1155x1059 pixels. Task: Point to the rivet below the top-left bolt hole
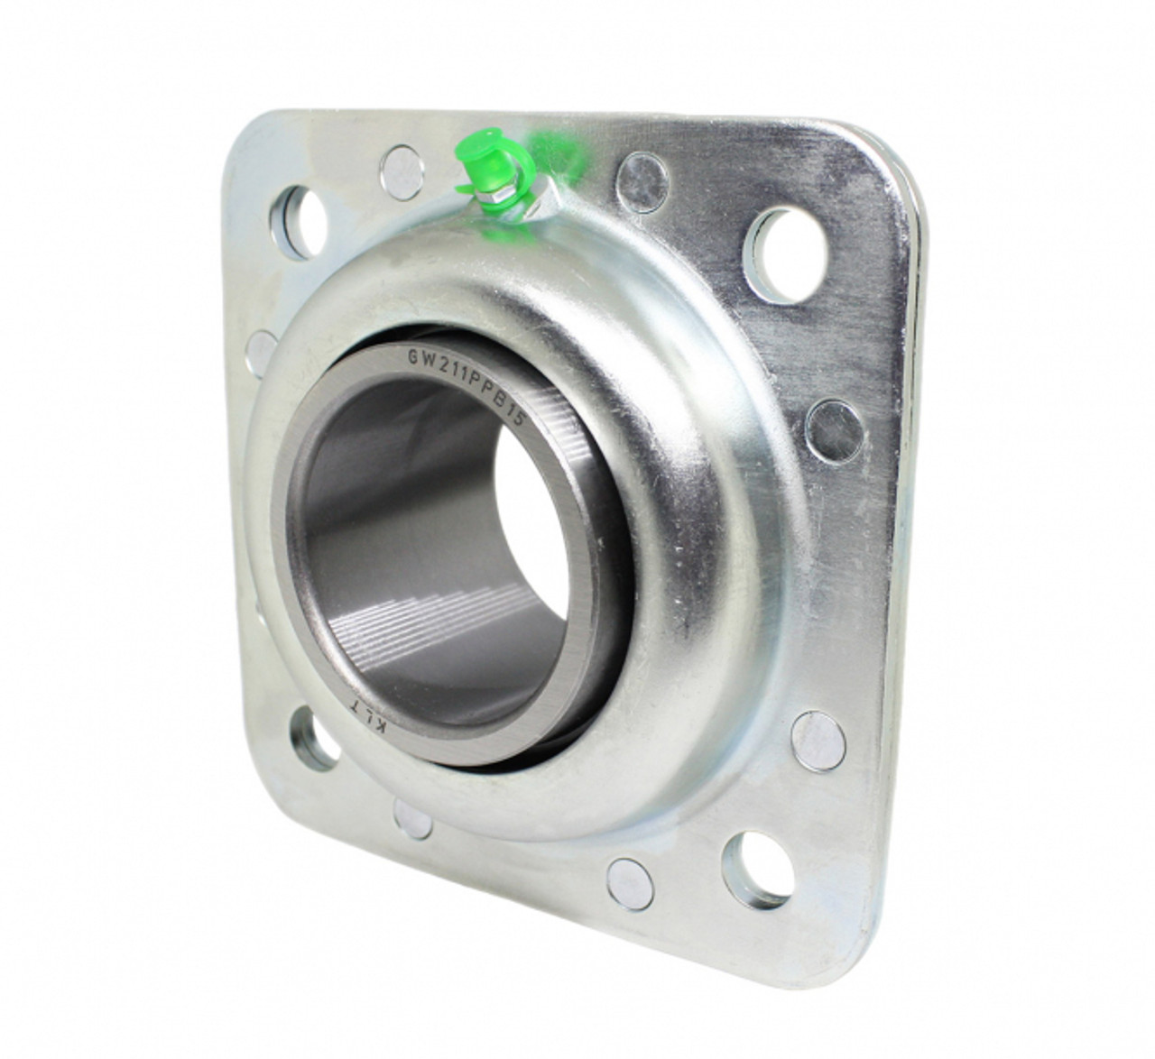pyautogui.click(x=263, y=345)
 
